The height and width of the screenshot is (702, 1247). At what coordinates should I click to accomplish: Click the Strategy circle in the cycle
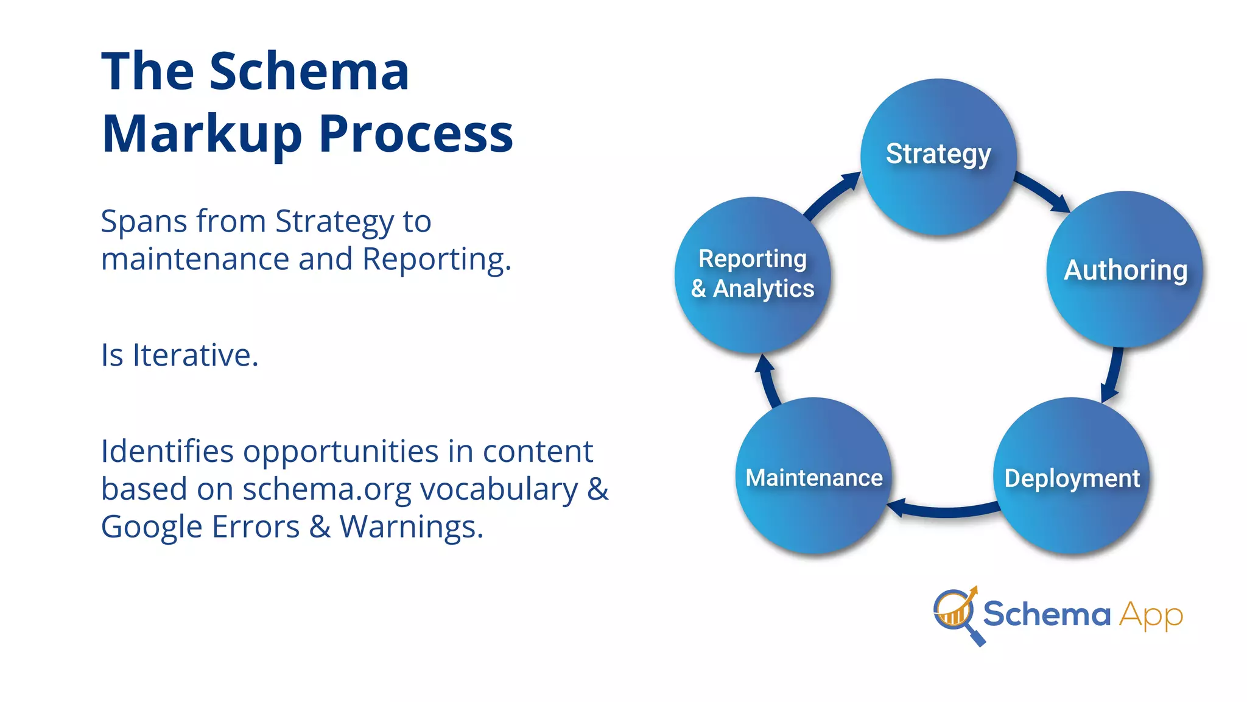938,156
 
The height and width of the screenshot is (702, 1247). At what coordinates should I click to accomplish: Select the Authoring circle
1125,269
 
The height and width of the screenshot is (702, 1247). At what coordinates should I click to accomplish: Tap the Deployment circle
1072,477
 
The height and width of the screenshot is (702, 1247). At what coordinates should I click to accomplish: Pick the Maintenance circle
813,477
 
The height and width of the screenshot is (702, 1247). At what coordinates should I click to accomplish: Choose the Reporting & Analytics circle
753,274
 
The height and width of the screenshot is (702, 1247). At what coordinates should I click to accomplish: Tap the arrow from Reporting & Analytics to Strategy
832,194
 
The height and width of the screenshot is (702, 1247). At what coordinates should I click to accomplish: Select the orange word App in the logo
1151,615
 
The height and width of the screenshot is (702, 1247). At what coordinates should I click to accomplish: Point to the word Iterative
195,355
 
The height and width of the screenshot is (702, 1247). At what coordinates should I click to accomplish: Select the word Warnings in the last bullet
411,526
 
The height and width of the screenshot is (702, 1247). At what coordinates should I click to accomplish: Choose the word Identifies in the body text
167,452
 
